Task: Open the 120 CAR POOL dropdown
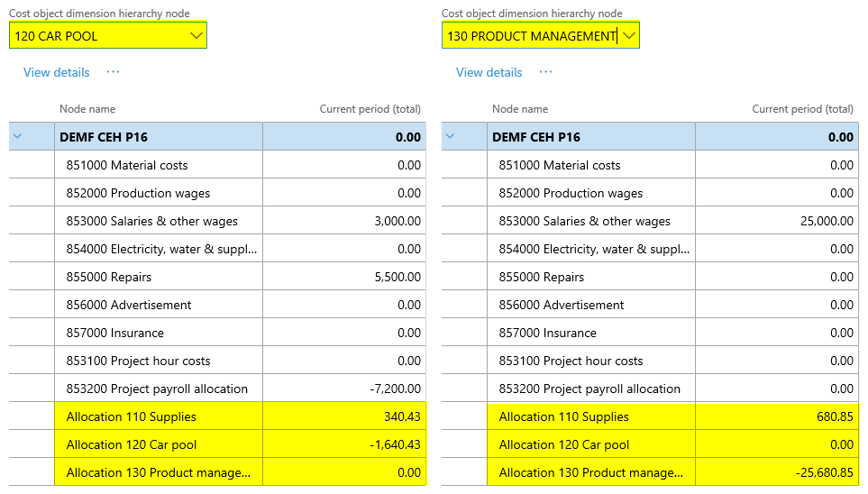tap(196, 36)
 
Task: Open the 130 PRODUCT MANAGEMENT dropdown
tap(629, 36)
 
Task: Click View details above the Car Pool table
tap(57, 72)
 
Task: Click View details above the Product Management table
tap(489, 72)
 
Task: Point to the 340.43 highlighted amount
tap(403, 416)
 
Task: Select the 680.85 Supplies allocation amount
tap(836, 416)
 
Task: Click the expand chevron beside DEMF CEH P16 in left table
tap(17, 137)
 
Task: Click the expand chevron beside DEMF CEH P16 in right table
tap(450, 137)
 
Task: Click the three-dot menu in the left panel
tap(113, 72)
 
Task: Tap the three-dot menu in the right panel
tap(545, 72)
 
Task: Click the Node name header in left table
tap(87, 109)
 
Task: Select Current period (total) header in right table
tap(802, 109)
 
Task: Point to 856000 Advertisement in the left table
tap(129, 305)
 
